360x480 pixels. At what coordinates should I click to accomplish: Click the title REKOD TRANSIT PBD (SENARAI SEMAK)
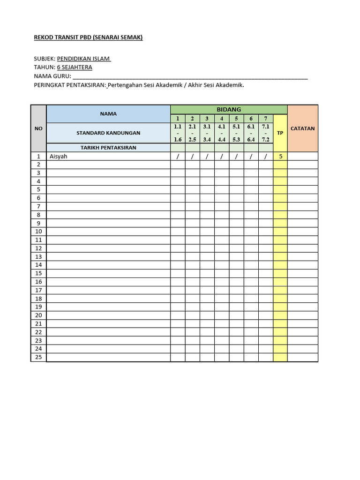pos(88,37)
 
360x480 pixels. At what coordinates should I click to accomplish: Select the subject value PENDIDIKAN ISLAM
pos(83,59)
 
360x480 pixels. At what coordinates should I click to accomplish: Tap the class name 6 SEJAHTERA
pos(75,67)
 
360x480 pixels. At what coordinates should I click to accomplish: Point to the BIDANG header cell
pos(229,109)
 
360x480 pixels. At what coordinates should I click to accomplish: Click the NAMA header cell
pos(108,113)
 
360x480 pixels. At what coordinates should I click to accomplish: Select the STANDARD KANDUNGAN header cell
pos(108,133)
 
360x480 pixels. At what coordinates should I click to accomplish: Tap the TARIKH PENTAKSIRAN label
pos(108,148)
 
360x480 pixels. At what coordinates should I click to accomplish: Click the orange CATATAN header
pos(302,128)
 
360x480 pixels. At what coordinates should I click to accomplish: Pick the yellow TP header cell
pos(280,133)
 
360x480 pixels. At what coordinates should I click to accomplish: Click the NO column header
pos(38,128)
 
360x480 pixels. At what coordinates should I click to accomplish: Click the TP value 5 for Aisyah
pos(280,157)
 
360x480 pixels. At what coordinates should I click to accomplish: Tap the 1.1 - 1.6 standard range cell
pos(178,133)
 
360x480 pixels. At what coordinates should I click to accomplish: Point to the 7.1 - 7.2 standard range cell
pos(265,133)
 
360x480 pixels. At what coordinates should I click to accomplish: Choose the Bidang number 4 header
pos(222,119)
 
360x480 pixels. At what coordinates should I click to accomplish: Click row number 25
pos(38,357)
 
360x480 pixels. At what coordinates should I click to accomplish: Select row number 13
pos(38,256)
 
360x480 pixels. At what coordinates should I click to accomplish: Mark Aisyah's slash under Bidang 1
pos(178,157)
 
